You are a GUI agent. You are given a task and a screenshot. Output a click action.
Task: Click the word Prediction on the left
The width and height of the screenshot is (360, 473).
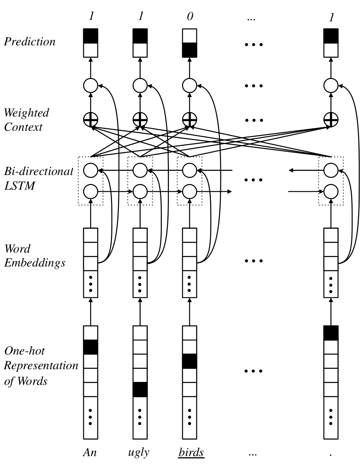30,42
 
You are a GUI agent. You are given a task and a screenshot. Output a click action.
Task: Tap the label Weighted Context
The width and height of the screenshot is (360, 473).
27,120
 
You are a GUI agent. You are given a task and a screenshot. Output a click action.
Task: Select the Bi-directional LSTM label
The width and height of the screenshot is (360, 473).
39,178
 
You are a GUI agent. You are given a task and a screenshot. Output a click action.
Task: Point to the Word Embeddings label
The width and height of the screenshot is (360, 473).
35,256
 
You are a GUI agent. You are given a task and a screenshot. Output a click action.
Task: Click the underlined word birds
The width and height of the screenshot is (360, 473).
191,452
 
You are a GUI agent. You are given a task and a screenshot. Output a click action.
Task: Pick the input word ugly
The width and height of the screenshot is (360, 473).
139,452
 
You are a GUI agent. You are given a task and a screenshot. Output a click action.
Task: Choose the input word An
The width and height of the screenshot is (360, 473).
90,452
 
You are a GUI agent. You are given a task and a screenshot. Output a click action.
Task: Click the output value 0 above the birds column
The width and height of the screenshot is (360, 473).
190,16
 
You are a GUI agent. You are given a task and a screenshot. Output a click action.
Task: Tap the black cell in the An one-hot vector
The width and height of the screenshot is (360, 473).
90,347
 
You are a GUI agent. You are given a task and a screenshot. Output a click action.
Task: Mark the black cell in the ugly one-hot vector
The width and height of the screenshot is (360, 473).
140,389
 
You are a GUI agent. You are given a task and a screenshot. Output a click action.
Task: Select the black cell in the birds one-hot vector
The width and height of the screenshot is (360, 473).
190,361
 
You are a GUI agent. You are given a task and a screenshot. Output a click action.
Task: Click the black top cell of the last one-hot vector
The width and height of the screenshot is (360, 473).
331,333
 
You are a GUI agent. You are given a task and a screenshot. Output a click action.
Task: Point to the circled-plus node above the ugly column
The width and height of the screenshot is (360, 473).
140,120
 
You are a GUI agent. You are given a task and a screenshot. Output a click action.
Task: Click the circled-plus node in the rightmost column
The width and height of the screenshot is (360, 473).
331,120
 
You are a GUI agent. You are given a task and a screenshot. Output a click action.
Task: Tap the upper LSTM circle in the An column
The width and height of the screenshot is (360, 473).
91,170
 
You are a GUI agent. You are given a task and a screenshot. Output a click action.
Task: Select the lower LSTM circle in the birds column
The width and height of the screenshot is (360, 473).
190,192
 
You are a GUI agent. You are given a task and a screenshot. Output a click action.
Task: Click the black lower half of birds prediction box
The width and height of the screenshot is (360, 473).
190,50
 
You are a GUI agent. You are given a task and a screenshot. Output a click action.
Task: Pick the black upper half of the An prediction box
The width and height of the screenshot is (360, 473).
91,36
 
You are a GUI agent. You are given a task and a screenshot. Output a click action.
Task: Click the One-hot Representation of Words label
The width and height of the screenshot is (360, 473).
41,366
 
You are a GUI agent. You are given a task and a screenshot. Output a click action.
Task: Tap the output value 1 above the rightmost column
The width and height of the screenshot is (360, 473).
332,18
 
